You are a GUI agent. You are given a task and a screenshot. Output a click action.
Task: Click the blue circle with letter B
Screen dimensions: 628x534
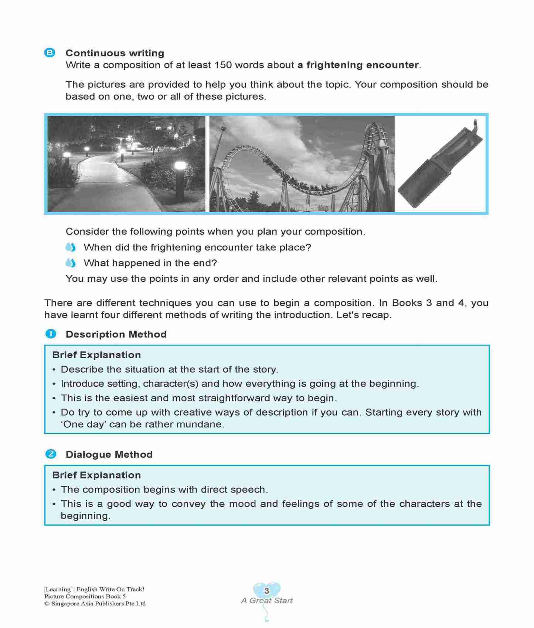(x=50, y=53)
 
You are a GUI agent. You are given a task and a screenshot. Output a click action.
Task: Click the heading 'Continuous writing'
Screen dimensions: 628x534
(x=115, y=53)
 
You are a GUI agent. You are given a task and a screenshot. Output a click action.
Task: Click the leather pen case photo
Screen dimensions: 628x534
(x=441, y=164)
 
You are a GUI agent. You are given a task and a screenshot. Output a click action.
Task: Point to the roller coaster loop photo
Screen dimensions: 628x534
(x=302, y=164)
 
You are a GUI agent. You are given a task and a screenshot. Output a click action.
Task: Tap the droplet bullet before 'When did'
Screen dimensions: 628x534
(x=71, y=247)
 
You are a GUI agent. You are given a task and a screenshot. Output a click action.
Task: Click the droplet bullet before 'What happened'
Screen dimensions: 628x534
(x=71, y=263)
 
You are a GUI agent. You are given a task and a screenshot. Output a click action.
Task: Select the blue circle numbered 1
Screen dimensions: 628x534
(x=51, y=334)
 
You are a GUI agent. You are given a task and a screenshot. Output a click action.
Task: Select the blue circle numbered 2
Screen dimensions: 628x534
(x=51, y=454)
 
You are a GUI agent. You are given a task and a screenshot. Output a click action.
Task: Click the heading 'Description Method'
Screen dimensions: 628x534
(x=116, y=334)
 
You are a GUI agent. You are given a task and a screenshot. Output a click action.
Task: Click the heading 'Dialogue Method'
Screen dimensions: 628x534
(x=109, y=454)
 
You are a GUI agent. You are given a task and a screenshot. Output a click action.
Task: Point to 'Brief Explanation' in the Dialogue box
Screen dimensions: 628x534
(x=96, y=475)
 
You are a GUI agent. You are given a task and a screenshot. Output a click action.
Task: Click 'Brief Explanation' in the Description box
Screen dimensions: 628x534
(x=96, y=355)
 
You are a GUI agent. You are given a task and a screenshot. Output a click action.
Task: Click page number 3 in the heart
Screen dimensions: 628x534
(x=266, y=590)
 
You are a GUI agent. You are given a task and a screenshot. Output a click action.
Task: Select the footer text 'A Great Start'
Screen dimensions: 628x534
(x=266, y=600)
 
